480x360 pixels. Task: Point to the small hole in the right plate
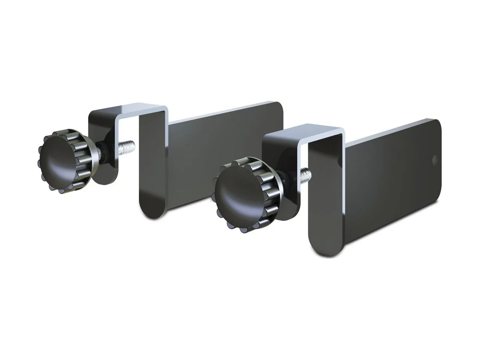point(434,160)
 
